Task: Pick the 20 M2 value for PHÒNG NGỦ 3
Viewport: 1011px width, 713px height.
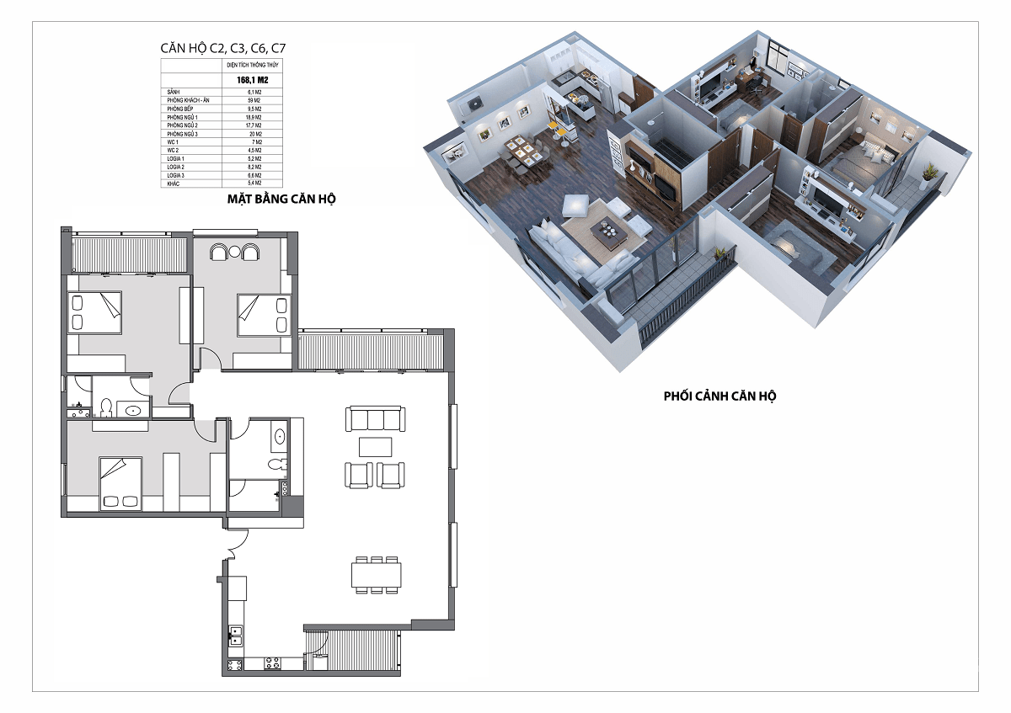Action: [x=252, y=134]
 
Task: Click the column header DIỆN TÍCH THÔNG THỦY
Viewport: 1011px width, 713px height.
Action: [x=252, y=64]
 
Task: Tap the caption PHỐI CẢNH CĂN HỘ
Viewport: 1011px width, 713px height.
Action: [x=719, y=395]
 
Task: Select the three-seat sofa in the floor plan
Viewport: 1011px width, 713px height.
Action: [x=376, y=419]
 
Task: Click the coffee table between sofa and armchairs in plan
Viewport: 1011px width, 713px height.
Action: [x=376, y=446]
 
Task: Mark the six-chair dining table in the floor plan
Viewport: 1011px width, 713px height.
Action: [x=376, y=574]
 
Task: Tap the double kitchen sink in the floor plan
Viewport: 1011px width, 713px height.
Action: [x=236, y=636]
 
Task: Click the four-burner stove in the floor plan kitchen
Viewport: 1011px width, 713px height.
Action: [x=273, y=663]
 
